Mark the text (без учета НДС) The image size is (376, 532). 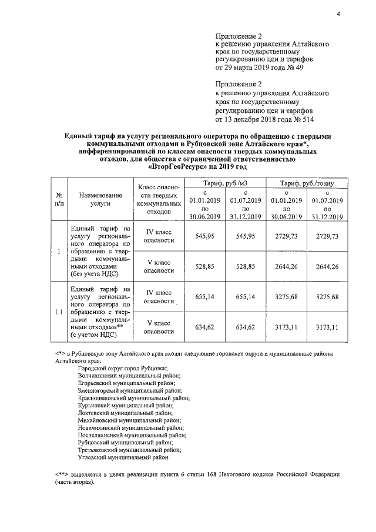pyautogui.click(x=93, y=274)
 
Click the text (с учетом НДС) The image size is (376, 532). pyautogui.click(x=95, y=335)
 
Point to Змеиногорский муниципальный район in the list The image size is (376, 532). pyautogui.click(x=130, y=390)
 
